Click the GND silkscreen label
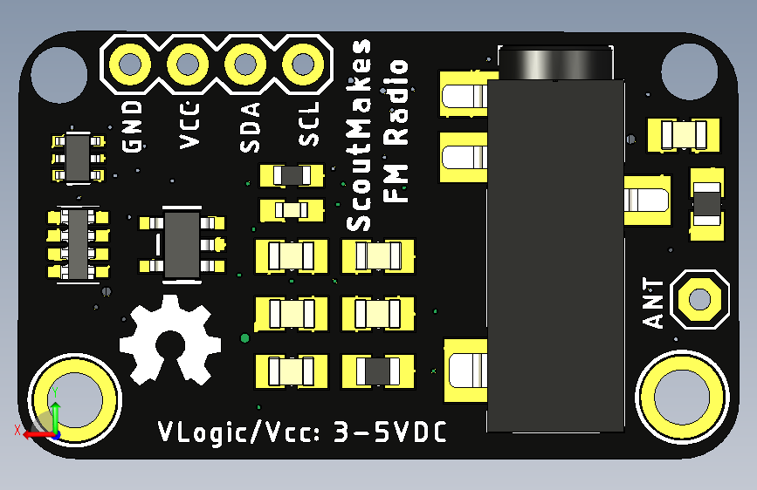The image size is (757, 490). click(133, 126)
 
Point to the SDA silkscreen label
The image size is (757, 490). click(250, 127)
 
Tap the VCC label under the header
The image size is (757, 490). click(190, 126)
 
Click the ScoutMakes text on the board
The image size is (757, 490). click(359, 135)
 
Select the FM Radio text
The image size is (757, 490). click(397, 131)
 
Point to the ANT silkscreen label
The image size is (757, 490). click(654, 303)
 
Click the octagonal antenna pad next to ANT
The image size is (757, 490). click(699, 299)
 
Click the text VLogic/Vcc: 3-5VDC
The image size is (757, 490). click(301, 432)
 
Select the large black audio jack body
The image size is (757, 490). click(555, 253)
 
